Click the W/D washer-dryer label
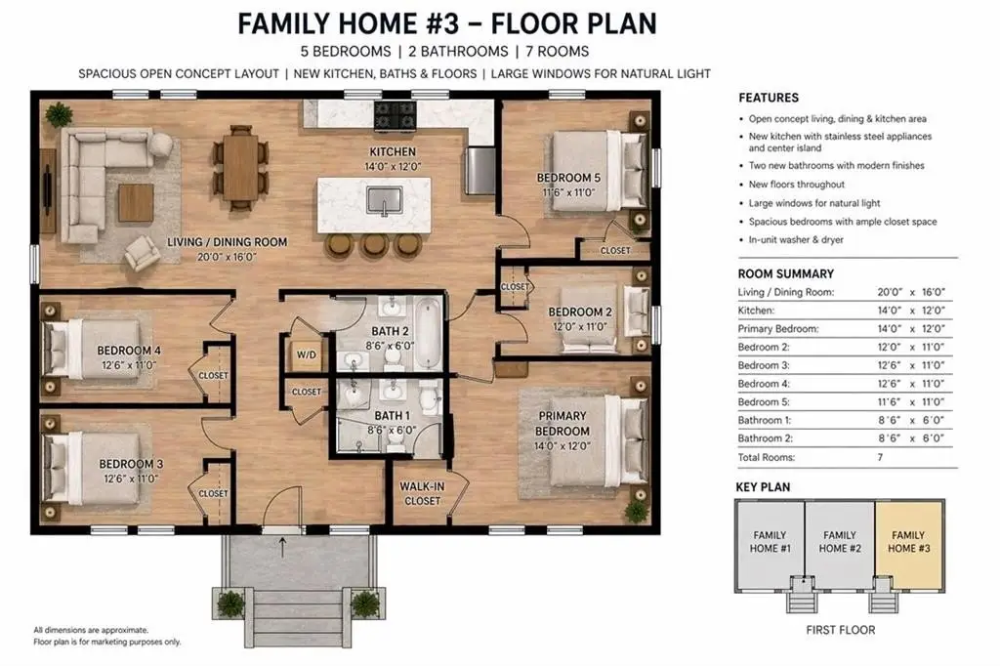coord(306,354)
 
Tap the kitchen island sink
coord(385,201)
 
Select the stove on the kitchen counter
coord(395,115)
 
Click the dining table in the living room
coord(240,166)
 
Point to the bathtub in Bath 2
coord(428,334)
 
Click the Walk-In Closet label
coord(422,494)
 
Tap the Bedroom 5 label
coord(568,178)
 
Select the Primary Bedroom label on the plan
coord(562,423)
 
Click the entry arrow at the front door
coord(282,547)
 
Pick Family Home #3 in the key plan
coord(909,546)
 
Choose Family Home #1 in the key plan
coord(770,546)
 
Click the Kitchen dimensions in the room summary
coord(911,311)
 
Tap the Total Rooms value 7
coord(880,457)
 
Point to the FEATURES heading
coord(768,98)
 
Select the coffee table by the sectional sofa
coord(136,203)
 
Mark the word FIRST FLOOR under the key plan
coord(841,630)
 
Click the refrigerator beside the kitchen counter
coord(480,170)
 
